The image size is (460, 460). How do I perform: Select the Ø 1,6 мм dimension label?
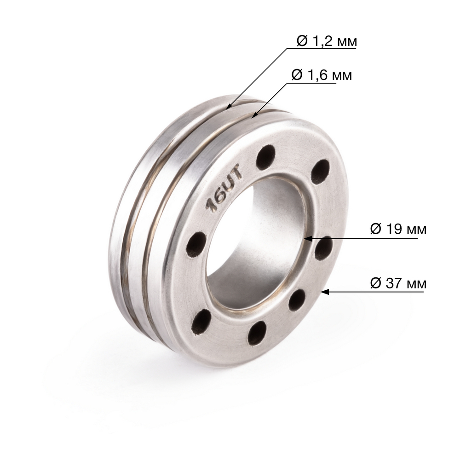pos(322,75)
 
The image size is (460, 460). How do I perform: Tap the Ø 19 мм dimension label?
pos(398,229)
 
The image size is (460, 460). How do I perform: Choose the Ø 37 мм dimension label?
pos(398,283)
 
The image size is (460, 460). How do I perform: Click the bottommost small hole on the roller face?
pos(257,333)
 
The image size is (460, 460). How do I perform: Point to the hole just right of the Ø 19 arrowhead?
pos(324,248)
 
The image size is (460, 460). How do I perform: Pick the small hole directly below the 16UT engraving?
pos(196,244)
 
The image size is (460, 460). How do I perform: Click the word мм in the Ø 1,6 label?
pos(341,75)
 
